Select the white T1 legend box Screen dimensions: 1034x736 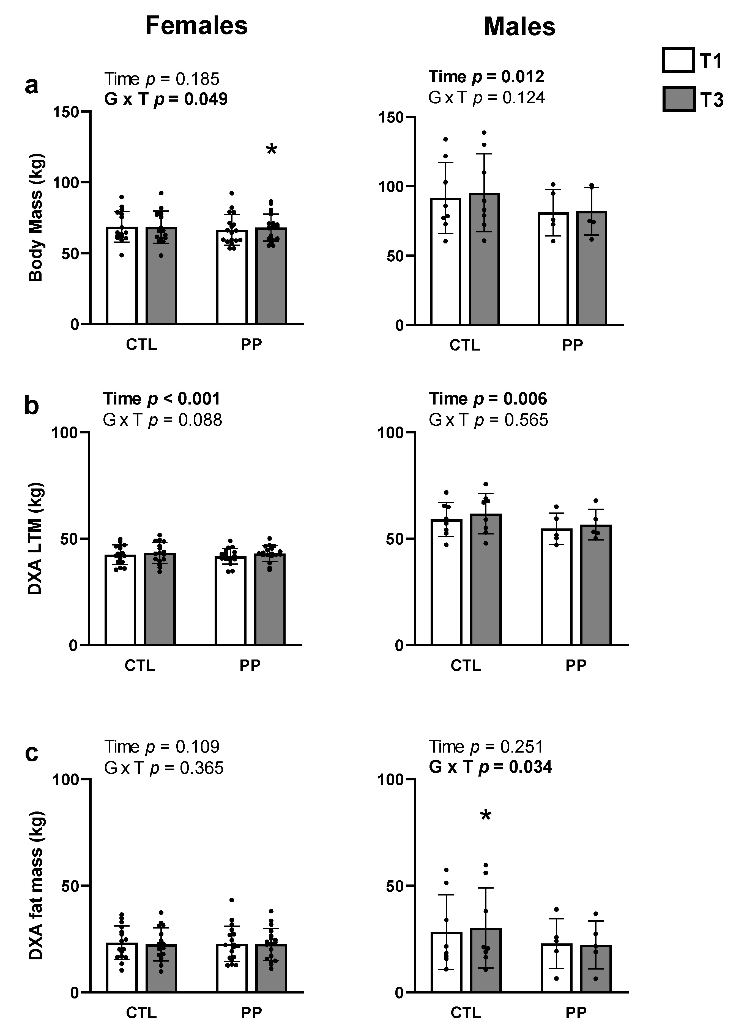coord(678,60)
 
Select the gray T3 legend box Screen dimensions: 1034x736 coord(678,99)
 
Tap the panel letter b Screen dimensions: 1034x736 coord(31,405)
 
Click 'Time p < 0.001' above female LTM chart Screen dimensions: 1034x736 coord(161,399)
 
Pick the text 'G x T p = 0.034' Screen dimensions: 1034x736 coord(490,766)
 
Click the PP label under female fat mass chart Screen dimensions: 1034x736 coord(251,1012)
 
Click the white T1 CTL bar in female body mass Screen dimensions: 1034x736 coord(122,277)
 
